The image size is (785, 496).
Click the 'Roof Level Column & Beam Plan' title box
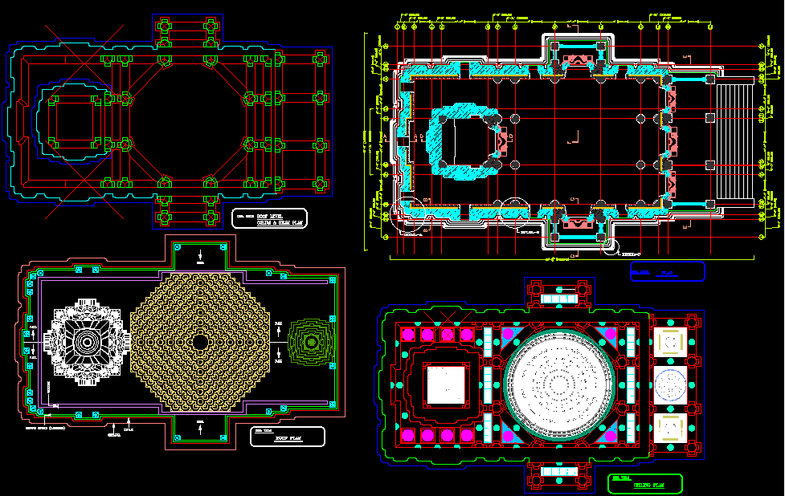pos(269,219)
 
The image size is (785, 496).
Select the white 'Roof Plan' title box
pos(287,436)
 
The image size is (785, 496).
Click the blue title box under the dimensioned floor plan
pos(667,271)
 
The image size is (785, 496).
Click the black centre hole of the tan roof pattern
pos(199,342)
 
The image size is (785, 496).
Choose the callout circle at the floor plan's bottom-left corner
pos(411,208)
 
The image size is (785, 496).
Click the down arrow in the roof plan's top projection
pos(199,254)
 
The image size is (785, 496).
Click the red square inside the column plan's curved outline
pos(77,120)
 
